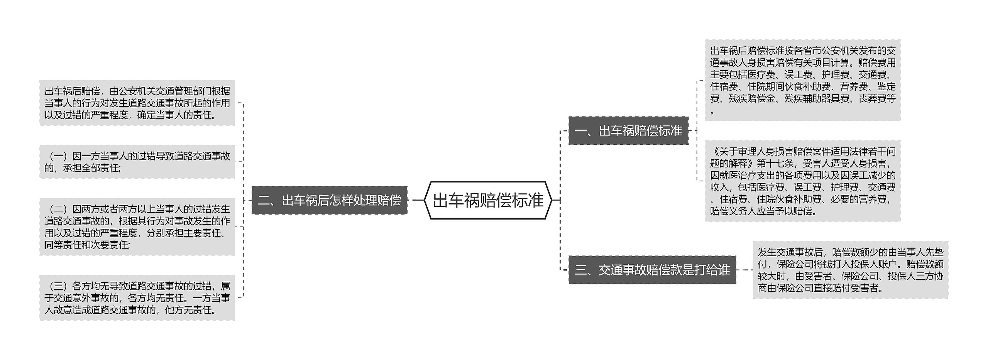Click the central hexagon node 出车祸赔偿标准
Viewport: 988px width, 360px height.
[x=488, y=200]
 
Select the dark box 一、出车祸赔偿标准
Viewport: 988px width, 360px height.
[x=628, y=131]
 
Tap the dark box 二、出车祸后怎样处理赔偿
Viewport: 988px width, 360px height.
[x=329, y=200]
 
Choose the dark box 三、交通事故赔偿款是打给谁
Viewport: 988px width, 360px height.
[x=652, y=270]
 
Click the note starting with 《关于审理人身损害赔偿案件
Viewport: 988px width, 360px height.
[x=803, y=181]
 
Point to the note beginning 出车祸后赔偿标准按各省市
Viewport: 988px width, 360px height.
[x=803, y=80]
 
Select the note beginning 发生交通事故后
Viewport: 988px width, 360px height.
[x=850, y=270]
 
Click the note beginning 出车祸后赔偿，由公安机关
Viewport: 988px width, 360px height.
[x=137, y=103]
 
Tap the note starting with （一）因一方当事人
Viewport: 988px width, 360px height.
[x=137, y=162]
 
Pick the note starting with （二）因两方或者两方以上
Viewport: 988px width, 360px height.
[x=137, y=227]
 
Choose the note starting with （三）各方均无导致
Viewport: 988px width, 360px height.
[x=137, y=297]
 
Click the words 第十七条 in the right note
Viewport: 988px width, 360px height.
[x=775, y=163]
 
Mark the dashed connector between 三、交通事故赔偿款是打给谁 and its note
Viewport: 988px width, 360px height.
[x=744, y=270]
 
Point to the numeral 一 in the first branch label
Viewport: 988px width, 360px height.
[x=580, y=131]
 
